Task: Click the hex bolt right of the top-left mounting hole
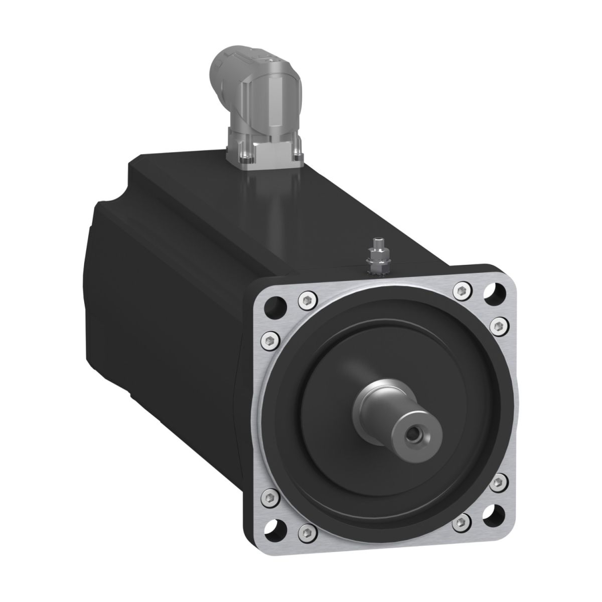305,300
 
